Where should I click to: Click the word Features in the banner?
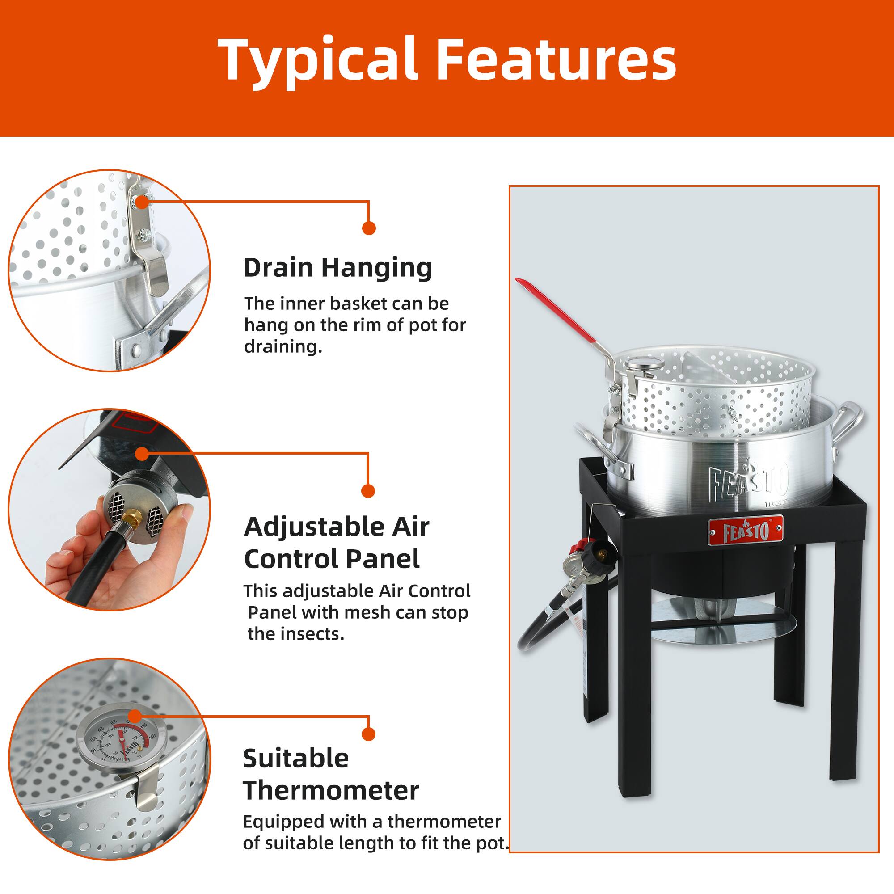pyautogui.click(x=556, y=60)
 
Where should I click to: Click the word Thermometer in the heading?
pyautogui.click(x=330, y=790)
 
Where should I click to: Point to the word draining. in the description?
pyautogui.click(x=283, y=346)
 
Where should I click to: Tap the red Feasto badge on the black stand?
pyautogui.click(x=746, y=531)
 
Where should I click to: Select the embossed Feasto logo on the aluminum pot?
pyautogui.click(x=748, y=482)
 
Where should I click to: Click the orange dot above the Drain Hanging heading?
pyautogui.click(x=369, y=228)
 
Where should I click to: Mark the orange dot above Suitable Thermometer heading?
pyautogui.click(x=368, y=734)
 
